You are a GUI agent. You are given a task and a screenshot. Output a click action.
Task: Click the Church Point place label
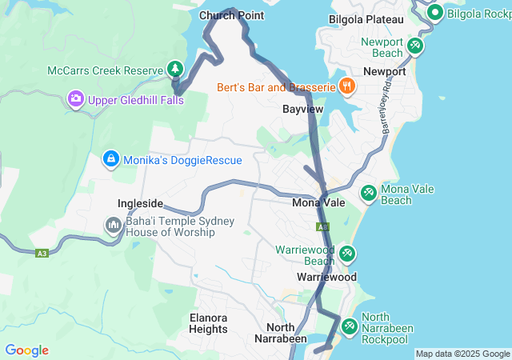click(231, 15)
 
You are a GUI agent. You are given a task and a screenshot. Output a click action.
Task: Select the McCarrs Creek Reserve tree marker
click(174, 70)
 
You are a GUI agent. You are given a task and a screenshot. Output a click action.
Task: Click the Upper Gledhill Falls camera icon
click(76, 99)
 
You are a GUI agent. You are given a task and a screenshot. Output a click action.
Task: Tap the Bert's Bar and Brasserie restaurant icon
click(346, 86)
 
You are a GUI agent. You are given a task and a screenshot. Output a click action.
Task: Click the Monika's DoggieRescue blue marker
click(111, 159)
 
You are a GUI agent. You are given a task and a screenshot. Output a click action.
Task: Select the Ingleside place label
click(140, 203)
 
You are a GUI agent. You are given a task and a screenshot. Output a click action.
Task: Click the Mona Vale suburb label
click(318, 203)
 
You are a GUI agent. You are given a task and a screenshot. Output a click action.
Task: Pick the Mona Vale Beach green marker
click(369, 193)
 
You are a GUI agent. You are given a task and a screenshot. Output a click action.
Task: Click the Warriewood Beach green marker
click(347, 254)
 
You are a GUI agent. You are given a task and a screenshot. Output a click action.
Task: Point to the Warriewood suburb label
click(326, 277)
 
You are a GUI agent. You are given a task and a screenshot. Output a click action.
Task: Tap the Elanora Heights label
click(209, 323)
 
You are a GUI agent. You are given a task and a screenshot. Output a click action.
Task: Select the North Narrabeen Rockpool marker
click(350, 326)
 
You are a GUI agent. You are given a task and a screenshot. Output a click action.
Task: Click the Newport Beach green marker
click(415, 46)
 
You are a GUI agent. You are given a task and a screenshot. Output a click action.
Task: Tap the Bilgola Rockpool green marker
click(435, 13)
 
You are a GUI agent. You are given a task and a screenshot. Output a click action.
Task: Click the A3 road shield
click(41, 254)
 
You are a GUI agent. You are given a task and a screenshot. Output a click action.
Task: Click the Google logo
click(26, 350)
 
